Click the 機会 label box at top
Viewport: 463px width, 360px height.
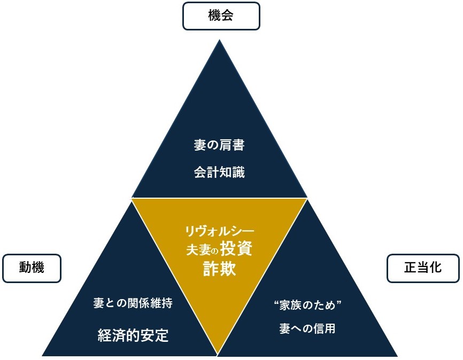[x=221, y=16]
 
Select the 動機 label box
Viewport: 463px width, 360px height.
[x=32, y=268]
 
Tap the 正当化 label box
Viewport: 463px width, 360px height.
[x=422, y=268]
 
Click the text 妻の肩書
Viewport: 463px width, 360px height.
[x=219, y=145]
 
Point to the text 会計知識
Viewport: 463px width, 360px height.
[x=219, y=173]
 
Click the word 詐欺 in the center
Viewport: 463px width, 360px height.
[x=219, y=269]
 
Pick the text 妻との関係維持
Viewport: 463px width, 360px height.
[x=133, y=303]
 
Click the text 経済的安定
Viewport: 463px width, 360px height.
[x=133, y=335]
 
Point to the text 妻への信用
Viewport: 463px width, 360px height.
[x=307, y=328]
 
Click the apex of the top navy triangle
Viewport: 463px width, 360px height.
[x=219, y=39]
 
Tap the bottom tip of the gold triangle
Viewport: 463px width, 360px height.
[x=218, y=354]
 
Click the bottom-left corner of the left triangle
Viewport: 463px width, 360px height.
[x=43, y=355]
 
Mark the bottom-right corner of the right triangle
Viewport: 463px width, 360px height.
[x=397, y=355]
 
